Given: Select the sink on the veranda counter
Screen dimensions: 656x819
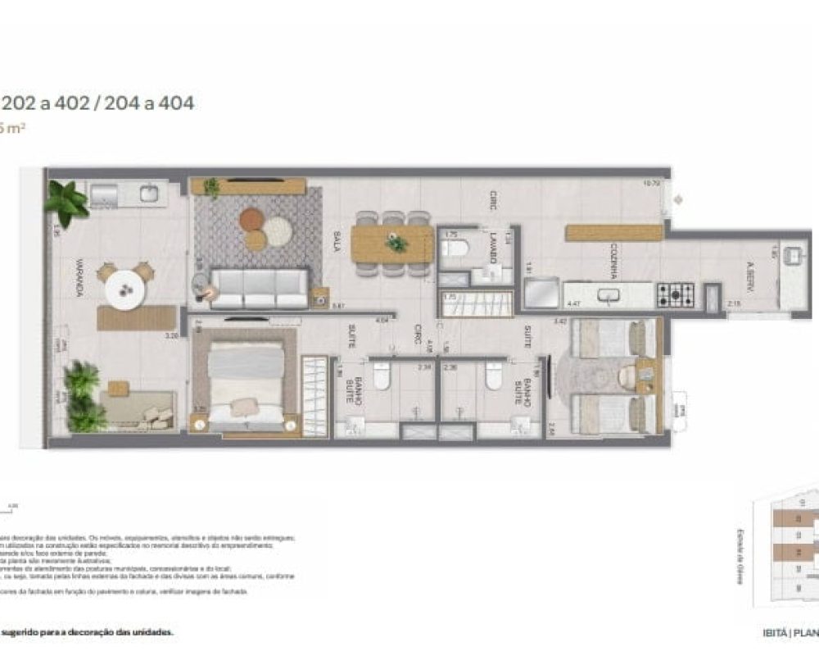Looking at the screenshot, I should [149, 194].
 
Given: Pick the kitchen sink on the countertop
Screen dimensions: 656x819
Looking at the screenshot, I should [608, 294].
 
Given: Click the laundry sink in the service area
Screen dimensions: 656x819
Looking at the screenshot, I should [792, 256].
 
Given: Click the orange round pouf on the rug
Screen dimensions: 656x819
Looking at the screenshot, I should [252, 219].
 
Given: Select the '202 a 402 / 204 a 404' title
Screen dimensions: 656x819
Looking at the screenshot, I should [97, 104].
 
